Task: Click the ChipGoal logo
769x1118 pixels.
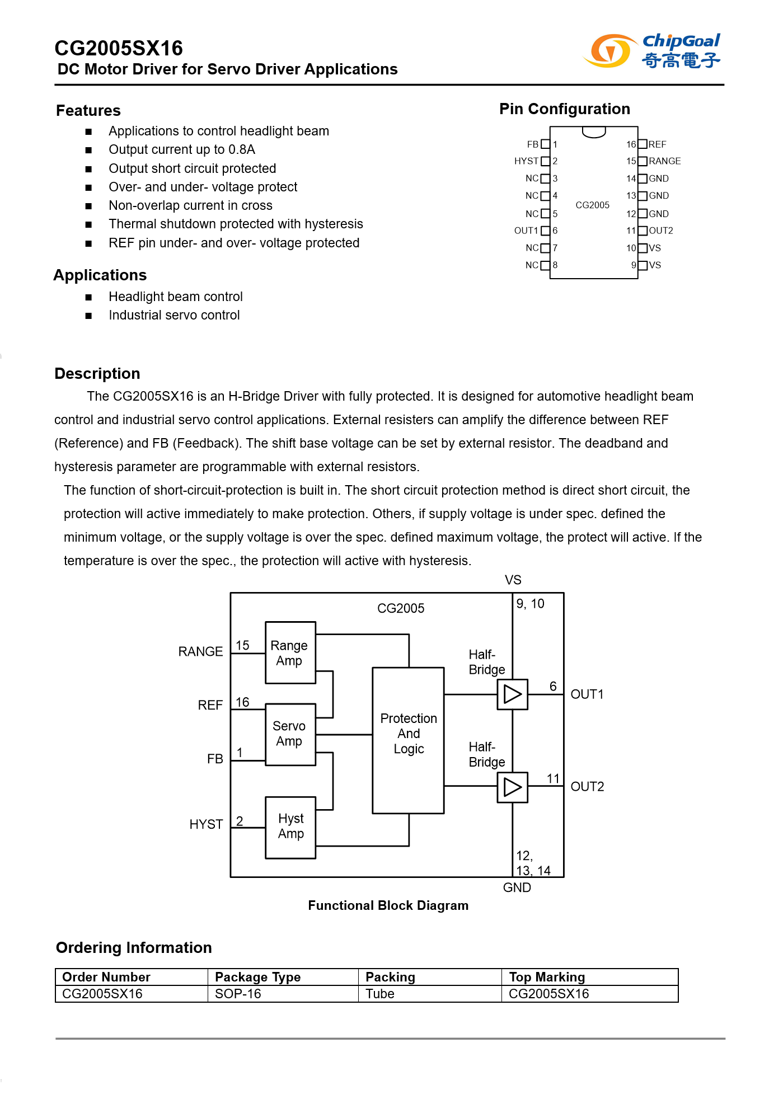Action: [651, 50]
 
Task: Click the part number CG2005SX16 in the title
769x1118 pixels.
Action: [119, 49]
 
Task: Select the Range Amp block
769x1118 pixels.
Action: [290, 652]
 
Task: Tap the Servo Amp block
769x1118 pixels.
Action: [290, 734]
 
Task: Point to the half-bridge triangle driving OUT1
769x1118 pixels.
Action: [512, 694]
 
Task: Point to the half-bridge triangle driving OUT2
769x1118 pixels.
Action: [512, 787]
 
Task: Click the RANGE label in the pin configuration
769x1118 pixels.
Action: [664, 161]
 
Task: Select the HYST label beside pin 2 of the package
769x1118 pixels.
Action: [526, 161]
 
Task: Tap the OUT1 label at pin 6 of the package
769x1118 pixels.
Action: [526, 231]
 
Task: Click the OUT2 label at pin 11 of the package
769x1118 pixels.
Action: [660, 231]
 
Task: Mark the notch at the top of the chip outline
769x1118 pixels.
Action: [593, 132]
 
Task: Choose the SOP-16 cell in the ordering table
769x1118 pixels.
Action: [238, 994]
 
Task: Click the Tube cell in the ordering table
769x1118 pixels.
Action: [380, 994]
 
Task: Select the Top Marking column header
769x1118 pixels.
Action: [547, 977]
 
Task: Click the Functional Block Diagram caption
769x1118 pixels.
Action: [388, 905]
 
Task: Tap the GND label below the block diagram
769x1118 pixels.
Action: [517, 887]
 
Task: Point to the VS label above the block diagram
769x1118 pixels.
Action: [513, 580]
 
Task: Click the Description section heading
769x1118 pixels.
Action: [97, 374]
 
